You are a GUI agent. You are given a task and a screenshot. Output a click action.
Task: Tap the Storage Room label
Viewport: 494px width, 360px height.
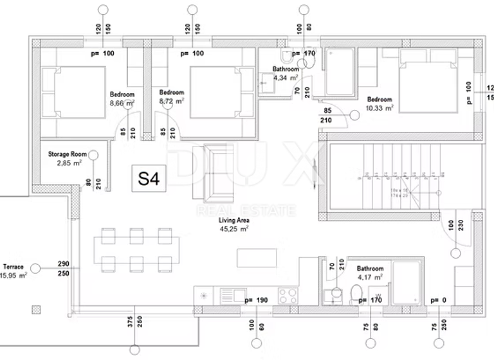67,154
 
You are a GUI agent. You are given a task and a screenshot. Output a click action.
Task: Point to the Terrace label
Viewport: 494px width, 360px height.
13,267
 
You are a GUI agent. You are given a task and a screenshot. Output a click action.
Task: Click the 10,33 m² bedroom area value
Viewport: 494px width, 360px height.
380,108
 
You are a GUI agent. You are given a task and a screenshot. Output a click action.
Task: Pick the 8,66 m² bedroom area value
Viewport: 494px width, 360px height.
122,102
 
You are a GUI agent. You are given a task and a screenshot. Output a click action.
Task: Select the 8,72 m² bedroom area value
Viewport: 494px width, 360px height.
171,102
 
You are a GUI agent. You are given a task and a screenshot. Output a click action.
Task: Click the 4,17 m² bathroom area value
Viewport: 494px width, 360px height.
370,277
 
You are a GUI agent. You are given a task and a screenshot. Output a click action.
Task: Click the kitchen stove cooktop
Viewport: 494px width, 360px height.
287,296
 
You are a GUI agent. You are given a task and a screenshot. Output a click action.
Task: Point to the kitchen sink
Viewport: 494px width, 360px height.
230,296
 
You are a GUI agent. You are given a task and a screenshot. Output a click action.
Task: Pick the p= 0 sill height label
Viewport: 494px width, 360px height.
438,300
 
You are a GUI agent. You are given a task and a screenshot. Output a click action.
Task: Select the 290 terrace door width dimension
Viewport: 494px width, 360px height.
63,264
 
